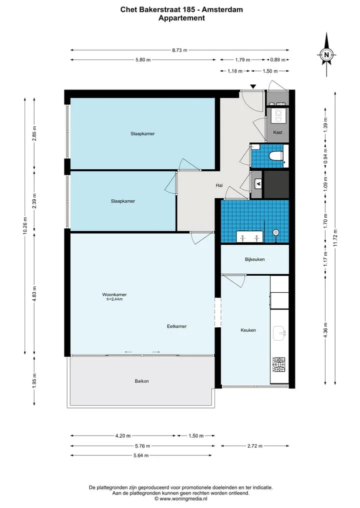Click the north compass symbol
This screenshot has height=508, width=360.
pyautogui.click(x=326, y=54)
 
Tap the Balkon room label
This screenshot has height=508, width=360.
pyautogui.click(x=141, y=381)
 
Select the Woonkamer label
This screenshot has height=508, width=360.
pyautogui.click(x=114, y=295)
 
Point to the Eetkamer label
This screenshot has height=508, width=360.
pyautogui.click(x=177, y=326)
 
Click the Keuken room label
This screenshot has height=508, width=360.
pyautogui.click(x=248, y=330)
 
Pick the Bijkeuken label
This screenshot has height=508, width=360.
pyautogui.click(x=255, y=259)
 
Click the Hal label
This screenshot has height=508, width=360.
pyautogui.click(x=219, y=185)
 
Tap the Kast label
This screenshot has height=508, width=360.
pyautogui.click(x=277, y=132)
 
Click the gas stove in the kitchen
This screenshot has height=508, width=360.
pyautogui.click(x=279, y=365)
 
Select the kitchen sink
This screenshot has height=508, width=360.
pyautogui.click(x=279, y=333)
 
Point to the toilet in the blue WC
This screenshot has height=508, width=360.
pyautogui.click(x=276, y=156)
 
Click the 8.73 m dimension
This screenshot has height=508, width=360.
pyautogui.click(x=179, y=50)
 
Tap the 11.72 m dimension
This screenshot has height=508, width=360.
pyautogui.click(x=335, y=238)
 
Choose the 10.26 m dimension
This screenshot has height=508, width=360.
pyautogui.click(x=25, y=225)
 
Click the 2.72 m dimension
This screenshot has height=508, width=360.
pyautogui.click(x=255, y=446)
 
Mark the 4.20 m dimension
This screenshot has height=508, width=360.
pyautogui.click(x=123, y=436)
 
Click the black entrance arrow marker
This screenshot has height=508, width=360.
pyautogui.click(x=253, y=86)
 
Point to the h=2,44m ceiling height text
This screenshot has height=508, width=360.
pyautogui.click(x=114, y=299)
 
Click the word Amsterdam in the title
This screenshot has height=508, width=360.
pyautogui.click(x=222, y=9)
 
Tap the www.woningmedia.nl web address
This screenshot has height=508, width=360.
pyautogui.click(x=183, y=499)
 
